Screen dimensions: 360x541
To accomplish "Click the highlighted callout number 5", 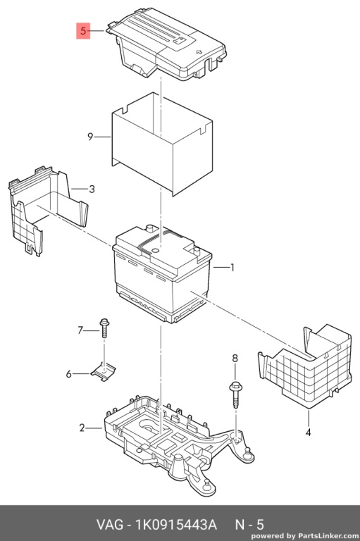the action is pos(83,31).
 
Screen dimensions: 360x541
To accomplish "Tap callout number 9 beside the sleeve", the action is pos(90,137).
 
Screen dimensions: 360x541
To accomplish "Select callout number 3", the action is pos(92,189).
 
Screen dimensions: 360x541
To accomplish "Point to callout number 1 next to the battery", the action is pos(232,268).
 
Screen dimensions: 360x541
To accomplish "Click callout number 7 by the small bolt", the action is pos(80,330).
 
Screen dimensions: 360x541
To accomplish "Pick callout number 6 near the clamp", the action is pos(68,373).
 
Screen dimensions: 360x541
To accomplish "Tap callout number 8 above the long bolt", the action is pos(235,359).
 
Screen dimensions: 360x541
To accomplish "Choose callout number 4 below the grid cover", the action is pos(309,432).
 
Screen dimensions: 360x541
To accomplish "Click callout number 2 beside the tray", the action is pos(82,428).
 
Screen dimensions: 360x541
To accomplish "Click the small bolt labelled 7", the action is pos(104,328).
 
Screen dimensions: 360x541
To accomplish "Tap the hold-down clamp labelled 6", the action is pos(104,372).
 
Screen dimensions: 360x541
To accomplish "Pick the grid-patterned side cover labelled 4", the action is pos(306,368).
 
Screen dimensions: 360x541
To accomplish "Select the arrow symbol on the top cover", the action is pos(199,52).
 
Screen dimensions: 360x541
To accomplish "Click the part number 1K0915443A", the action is pos(176,524).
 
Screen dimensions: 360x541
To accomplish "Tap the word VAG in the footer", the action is pos(109,524).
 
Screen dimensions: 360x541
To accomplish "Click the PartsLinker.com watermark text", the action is pos(328,536).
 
